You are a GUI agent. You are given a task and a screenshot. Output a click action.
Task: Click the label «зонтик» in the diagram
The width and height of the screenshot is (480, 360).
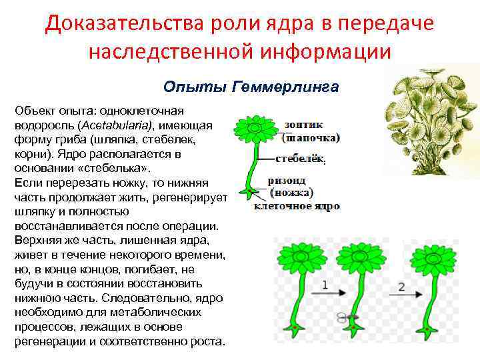pos(303,125)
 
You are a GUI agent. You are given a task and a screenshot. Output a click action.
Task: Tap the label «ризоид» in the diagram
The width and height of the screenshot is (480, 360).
pos(289,180)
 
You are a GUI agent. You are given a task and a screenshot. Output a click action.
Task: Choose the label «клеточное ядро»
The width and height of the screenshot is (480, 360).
pos(297,206)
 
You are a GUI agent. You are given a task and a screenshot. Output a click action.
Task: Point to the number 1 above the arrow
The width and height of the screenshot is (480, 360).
pos(325,284)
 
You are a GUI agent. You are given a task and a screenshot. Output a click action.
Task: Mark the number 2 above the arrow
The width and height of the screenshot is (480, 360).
pos(401,286)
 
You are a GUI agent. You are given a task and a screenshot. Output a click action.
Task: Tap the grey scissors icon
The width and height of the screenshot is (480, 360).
pos(344,317)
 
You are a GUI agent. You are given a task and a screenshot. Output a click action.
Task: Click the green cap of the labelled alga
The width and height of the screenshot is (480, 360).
pos(254,127)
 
